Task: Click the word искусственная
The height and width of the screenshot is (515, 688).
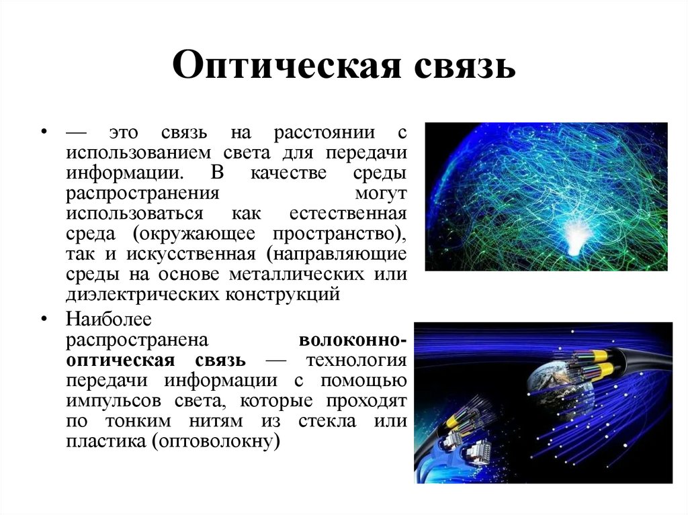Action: click(185, 254)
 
